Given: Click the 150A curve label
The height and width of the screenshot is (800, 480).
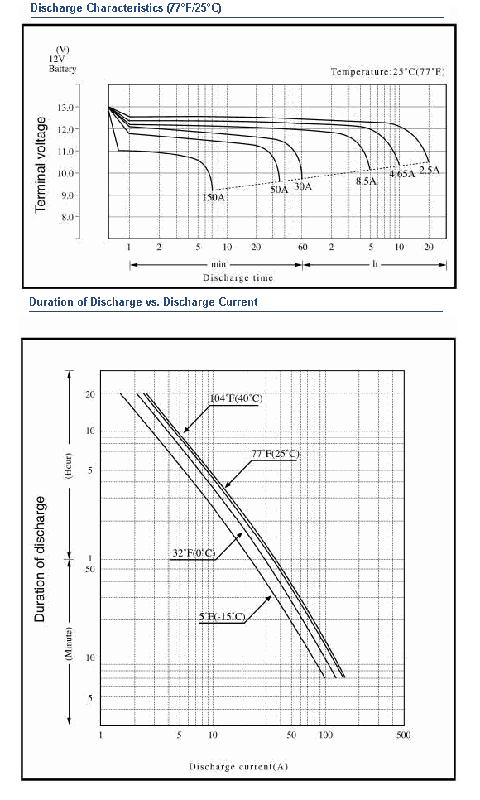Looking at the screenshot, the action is click(x=214, y=197).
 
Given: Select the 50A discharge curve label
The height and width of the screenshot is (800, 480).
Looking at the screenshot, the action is click(x=279, y=190).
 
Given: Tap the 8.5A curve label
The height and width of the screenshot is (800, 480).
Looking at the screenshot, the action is click(x=366, y=181).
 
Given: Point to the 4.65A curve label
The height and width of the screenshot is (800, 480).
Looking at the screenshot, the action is click(x=402, y=174).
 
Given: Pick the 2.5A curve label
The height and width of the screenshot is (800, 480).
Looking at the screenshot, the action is click(x=429, y=171).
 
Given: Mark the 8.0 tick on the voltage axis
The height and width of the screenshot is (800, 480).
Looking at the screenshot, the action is click(x=68, y=217).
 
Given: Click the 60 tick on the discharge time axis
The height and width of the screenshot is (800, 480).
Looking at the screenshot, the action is click(x=303, y=248).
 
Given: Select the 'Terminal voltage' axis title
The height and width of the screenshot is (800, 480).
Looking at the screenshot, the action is click(x=41, y=164).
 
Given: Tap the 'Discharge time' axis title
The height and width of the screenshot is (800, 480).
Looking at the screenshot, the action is click(x=238, y=278).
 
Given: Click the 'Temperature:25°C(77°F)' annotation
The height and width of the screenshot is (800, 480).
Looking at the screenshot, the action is click(x=387, y=71).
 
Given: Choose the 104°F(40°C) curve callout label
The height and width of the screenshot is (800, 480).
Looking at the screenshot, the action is click(x=236, y=398).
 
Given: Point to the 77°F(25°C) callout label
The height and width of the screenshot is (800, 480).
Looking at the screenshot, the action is click(x=275, y=454).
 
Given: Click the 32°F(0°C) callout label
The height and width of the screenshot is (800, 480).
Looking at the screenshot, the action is click(x=194, y=553).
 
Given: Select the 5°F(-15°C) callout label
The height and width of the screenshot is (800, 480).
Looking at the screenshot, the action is click(x=223, y=617).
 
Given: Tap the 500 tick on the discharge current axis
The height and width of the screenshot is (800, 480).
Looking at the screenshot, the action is click(x=403, y=735).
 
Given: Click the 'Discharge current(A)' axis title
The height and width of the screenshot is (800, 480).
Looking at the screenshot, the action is click(x=238, y=766).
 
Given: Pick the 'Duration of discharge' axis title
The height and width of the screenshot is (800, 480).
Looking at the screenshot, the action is click(x=40, y=559).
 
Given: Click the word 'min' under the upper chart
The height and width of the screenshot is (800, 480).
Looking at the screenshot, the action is click(x=218, y=264).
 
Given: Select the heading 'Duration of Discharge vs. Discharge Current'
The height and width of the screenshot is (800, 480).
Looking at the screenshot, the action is click(x=143, y=301).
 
